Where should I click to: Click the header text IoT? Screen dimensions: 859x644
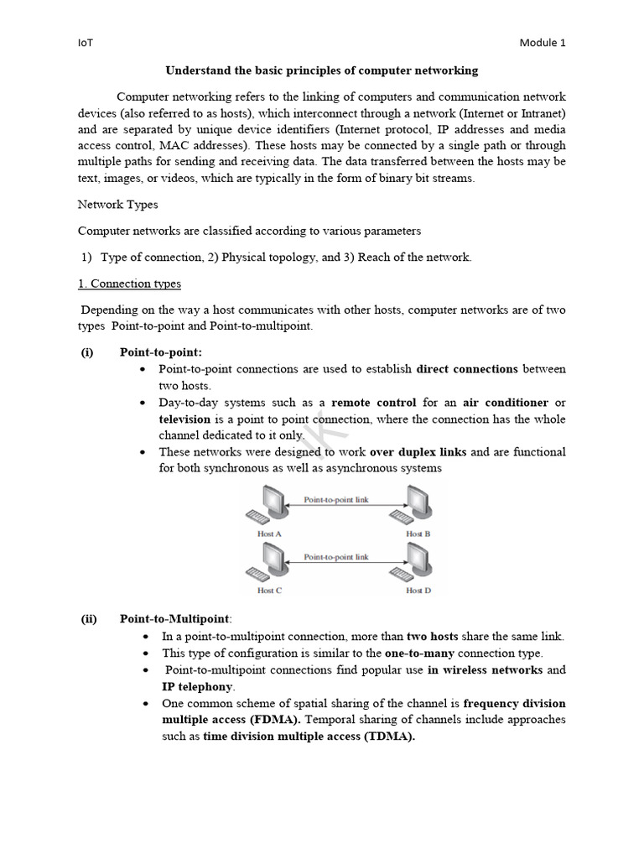(x=85, y=43)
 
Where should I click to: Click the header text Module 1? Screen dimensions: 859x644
(x=543, y=43)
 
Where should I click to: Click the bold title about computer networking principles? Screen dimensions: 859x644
(x=321, y=70)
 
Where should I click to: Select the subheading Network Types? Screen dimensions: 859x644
(x=117, y=204)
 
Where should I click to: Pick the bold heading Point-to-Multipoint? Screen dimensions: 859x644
(x=172, y=619)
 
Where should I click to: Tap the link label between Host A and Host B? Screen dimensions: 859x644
(x=335, y=499)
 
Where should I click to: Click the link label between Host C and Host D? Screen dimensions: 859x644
(x=335, y=556)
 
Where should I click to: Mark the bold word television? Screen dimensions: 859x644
(x=185, y=419)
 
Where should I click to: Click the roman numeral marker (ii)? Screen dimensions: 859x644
(x=89, y=619)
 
